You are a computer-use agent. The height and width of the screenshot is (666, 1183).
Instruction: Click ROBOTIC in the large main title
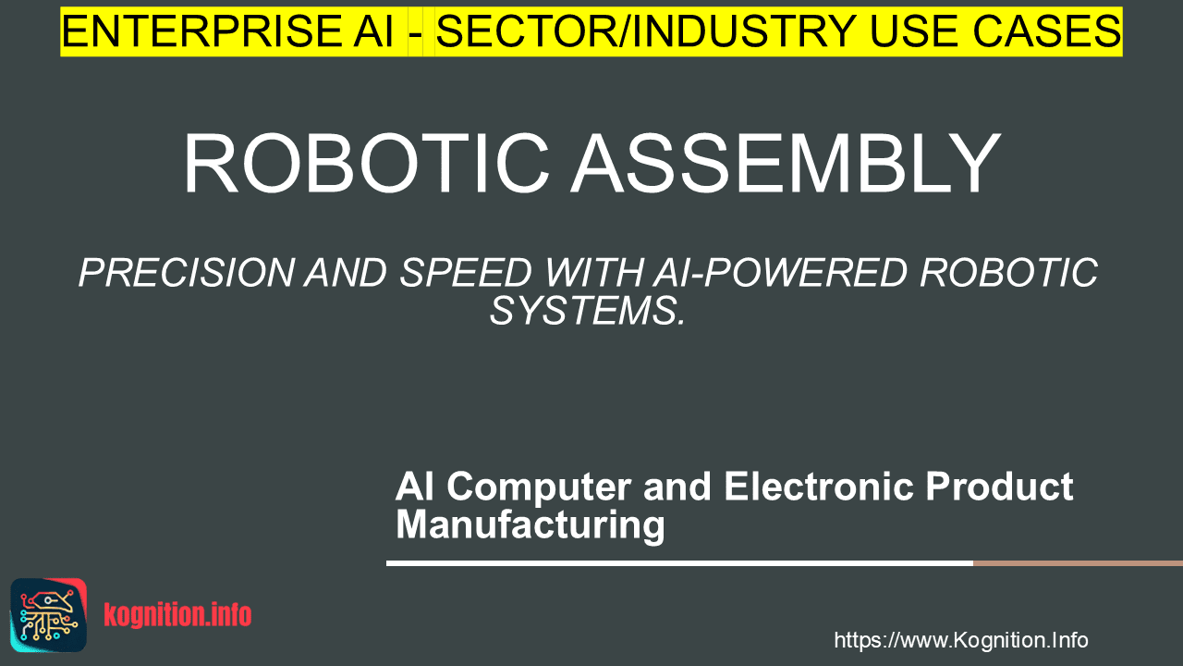(x=366, y=163)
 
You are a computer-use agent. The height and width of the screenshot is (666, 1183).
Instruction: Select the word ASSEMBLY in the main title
(x=786, y=163)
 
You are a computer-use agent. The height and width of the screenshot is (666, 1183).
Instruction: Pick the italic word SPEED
(x=465, y=273)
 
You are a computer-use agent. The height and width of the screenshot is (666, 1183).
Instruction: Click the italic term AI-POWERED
(x=780, y=273)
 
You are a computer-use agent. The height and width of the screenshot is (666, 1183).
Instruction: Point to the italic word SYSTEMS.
(x=587, y=311)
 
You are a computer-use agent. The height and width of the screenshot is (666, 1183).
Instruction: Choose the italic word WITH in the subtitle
(x=593, y=273)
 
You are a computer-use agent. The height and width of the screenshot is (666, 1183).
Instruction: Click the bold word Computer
(x=539, y=487)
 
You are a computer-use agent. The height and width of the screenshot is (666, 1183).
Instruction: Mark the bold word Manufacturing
(x=531, y=524)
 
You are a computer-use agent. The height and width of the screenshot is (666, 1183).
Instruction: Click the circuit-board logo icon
(x=49, y=615)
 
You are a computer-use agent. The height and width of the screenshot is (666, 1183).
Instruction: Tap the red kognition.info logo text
(x=177, y=614)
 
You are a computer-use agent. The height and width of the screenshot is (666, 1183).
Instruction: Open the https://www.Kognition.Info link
(x=961, y=640)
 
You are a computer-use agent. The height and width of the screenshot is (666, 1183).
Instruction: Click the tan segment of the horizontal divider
(x=1078, y=563)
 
